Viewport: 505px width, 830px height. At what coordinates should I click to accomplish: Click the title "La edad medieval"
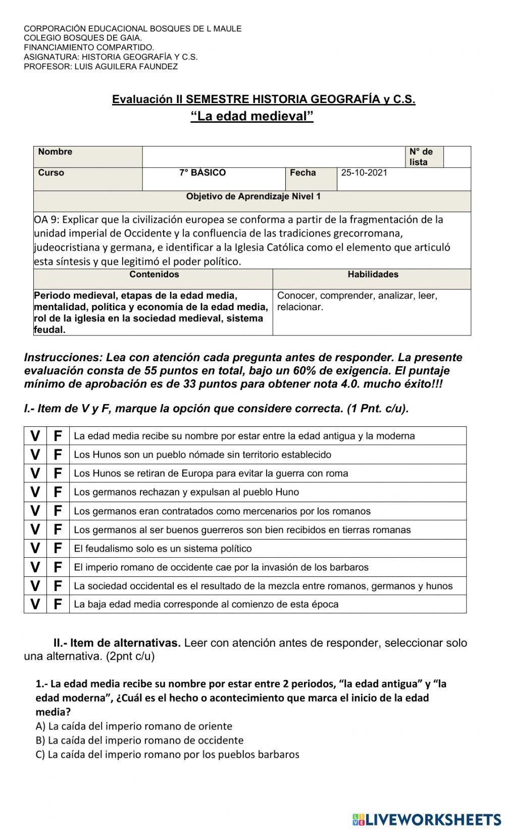click(252, 116)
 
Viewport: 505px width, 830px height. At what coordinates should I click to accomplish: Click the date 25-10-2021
click(364, 173)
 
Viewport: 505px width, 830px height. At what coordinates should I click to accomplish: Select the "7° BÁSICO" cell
click(203, 173)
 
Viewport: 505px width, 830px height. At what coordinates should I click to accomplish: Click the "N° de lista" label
click(421, 157)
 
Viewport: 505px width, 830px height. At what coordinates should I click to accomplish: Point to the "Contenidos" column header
click(154, 274)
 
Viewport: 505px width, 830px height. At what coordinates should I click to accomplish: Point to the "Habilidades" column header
click(373, 274)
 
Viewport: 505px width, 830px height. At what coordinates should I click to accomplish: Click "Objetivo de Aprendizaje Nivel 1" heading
click(253, 196)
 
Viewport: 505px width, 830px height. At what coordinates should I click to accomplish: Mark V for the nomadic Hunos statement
click(35, 455)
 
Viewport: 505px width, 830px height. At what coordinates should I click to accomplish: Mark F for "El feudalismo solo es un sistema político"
click(58, 548)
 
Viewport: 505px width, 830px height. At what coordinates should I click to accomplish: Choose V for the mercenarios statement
click(35, 511)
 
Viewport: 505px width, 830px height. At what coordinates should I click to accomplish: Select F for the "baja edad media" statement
click(58, 604)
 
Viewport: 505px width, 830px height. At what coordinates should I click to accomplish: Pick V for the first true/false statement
click(35, 436)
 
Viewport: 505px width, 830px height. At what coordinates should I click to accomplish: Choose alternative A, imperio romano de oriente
click(134, 726)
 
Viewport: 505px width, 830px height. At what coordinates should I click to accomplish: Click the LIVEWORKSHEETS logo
click(426, 819)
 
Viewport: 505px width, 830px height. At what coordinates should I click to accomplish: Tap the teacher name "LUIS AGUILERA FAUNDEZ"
click(126, 67)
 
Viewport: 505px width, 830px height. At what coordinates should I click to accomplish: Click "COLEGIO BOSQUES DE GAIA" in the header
click(83, 38)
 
